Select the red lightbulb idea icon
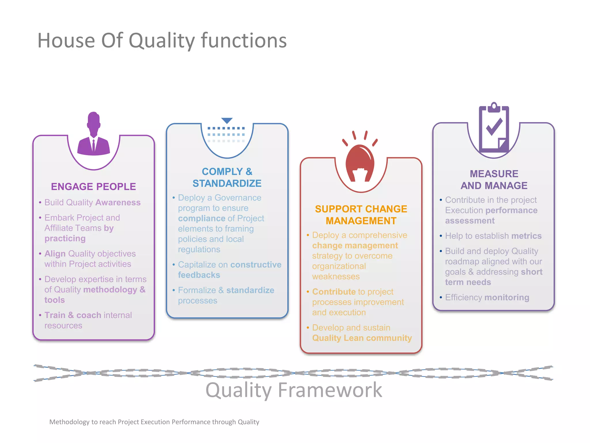point(360,162)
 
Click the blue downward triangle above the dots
point(227,121)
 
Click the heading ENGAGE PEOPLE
point(93,187)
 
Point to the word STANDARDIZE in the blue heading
point(227,183)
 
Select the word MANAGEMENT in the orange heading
point(361,221)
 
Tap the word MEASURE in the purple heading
point(494,174)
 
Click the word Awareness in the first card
point(118,202)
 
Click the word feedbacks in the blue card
point(199,275)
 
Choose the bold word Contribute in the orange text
point(334,292)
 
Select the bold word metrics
point(526,236)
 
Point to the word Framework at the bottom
point(330,390)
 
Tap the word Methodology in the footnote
point(69,422)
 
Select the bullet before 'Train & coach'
point(40,315)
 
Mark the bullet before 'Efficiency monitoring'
point(441,297)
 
